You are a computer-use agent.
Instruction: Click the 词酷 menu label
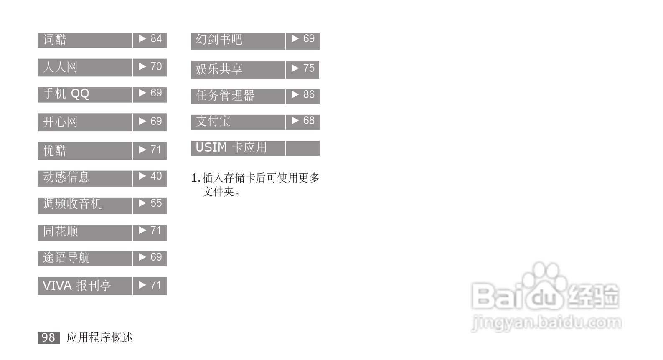(x=55, y=40)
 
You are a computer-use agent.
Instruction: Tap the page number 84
(x=156, y=39)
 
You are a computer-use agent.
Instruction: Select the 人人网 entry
(x=60, y=67)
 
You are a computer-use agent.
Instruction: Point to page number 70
(x=156, y=67)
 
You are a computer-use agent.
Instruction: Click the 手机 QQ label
(x=66, y=94)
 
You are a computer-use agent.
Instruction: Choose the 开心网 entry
(x=60, y=122)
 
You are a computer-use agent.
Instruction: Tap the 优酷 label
(x=55, y=150)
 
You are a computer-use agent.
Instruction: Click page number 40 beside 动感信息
(x=156, y=176)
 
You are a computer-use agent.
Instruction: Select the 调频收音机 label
(x=72, y=204)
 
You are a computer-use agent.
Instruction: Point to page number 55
(x=156, y=203)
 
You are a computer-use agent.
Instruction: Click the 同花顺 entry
(x=60, y=231)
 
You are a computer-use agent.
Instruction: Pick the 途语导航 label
(x=66, y=258)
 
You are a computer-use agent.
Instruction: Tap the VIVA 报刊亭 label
(x=77, y=286)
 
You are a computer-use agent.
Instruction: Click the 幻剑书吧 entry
(x=219, y=40)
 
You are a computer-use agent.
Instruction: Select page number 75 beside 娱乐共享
(x=309, y=68)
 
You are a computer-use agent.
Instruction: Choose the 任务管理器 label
(x=225, y=96)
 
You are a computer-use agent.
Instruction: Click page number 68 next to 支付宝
(x=309, y=121)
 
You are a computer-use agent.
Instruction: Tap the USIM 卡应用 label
(x=231, y=147)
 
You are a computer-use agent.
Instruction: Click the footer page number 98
(x=48, y=337)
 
